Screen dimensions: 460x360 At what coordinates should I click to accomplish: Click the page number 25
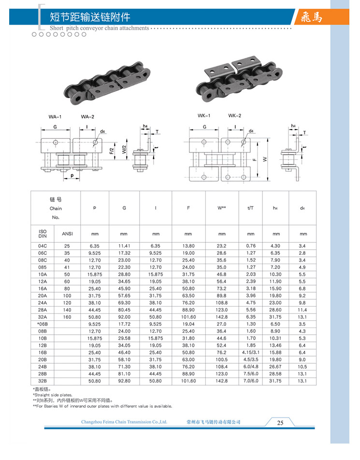click(x=280, y=422)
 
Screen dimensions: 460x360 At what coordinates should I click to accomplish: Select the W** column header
click(x=222, y=208)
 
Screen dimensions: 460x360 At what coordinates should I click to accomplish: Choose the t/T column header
click(x=251, y=208)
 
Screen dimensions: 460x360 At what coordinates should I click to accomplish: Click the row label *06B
click(x=42, y=324)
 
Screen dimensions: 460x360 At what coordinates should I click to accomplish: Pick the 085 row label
click(x=42, y=267)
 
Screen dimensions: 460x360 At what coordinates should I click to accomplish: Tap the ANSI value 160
click(x=67, y=317)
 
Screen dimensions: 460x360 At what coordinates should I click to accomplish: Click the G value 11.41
click(x=124, y=245)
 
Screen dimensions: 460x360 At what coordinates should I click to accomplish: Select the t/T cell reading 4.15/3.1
click(x=251, y=353)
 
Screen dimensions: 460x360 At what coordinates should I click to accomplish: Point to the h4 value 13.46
click(x=275, y=346)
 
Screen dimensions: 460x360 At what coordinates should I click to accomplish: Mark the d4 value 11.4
click(x=302, y=310)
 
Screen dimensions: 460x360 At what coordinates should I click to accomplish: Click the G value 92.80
click(x=124, y=381)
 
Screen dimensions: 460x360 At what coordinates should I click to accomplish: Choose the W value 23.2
click(x=222, y=245)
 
